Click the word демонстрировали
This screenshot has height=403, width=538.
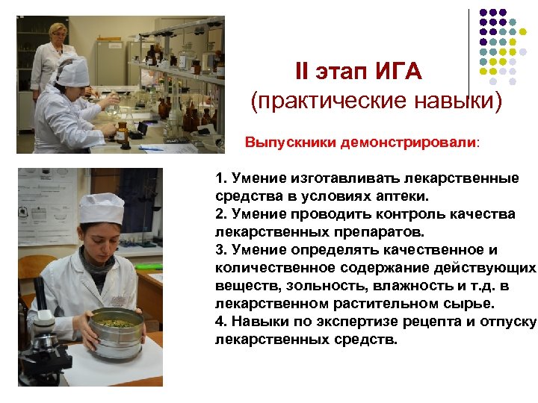point(408,142)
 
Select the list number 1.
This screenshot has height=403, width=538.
point(218,179)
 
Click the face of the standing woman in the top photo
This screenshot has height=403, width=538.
point(57,34)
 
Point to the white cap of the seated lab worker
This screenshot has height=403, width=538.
point(72,70)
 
